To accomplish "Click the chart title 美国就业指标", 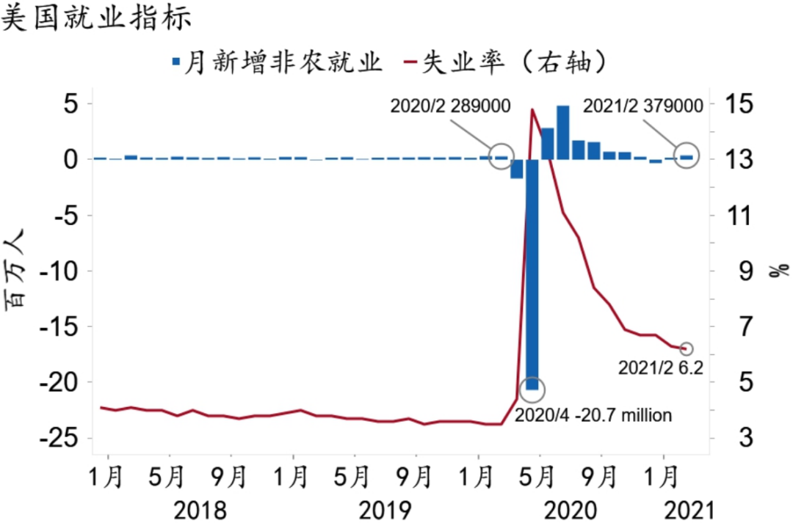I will (97, 18).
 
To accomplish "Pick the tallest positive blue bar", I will (563, 133).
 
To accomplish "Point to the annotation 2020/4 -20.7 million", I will (593, 415).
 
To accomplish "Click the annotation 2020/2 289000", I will (450, 106).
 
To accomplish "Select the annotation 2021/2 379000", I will (638, 106).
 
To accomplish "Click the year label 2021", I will (689, 509).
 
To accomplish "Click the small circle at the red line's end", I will (687, 348).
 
